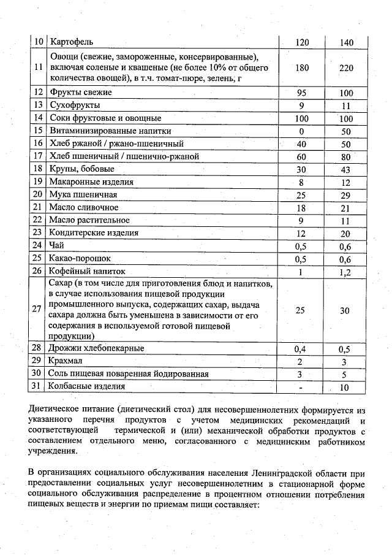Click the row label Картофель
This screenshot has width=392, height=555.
[72, 42]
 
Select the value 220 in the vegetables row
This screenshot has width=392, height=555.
[347, 68]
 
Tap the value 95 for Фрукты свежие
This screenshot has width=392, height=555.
[301, 93]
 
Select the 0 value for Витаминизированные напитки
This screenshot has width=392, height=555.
[301, 131]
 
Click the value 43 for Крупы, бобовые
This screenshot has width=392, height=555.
[347, 169]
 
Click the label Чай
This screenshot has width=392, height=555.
[57, 245]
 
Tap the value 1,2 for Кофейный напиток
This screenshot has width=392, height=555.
[347, 272]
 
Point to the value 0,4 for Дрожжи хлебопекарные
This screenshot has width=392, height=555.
[301, 349]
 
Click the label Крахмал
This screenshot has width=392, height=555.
[66, 361]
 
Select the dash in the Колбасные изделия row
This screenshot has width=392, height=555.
[301, 387]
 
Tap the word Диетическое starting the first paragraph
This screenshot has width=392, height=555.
[56, 410]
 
